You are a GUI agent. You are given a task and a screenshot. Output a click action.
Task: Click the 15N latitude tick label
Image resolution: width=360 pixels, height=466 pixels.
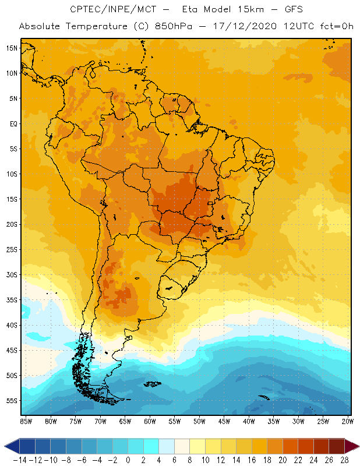(12, 48)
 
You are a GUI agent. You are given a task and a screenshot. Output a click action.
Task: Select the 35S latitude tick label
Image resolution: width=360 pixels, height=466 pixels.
(12, 300)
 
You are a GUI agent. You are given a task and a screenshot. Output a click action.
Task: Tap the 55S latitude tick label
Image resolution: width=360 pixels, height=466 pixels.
(12, 401)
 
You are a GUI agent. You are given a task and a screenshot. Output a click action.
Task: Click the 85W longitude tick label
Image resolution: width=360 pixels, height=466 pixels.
(26, 421)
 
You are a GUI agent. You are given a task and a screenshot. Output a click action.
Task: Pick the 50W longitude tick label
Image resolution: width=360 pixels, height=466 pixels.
(199, 421)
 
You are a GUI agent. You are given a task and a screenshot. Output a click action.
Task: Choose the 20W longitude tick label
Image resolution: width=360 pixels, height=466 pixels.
(348, 421)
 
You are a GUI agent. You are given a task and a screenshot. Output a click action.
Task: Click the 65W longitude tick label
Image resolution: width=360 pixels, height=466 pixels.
(125, 421)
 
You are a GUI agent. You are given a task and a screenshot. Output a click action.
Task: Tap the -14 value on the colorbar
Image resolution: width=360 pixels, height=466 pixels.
(20, 460)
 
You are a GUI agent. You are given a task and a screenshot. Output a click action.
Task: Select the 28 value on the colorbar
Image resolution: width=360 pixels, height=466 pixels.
(344, 460)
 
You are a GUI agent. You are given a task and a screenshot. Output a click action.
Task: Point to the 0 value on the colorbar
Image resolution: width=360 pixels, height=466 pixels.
(128, 460)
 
